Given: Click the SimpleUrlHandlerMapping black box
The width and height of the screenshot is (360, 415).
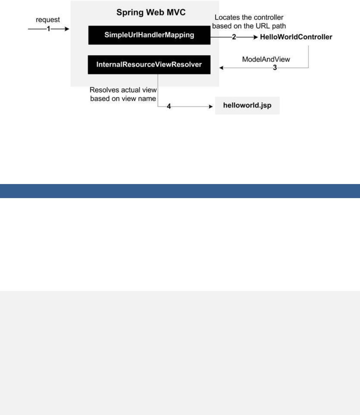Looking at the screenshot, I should (x=149, y=35).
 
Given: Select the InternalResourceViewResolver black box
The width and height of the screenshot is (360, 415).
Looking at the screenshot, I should (x=149, y=65).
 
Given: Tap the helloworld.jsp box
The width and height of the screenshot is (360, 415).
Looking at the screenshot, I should (x=247, y=105).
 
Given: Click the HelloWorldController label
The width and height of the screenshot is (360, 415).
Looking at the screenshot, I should (x=296, y=37).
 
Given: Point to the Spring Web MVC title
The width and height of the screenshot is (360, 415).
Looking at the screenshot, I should (x=151, y=13).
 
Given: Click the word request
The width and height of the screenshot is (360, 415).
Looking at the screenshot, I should (x=48, y=20).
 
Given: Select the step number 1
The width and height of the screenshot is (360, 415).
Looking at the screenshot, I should (x=48, y=29).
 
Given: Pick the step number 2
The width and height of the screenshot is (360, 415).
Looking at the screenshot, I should (x=234, y=37).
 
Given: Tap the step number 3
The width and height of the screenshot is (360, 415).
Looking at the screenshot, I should (x=275, y=68).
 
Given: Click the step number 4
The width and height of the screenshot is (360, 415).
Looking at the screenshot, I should (x=169, y=106).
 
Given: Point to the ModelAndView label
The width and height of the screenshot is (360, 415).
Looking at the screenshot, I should (x=266, y=59).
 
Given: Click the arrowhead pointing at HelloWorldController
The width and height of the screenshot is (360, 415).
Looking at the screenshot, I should (x=255, y=37).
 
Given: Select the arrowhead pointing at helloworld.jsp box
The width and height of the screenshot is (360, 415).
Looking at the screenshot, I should (x=211, y=106).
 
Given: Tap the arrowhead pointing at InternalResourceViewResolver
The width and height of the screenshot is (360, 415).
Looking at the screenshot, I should (x=221, y=68).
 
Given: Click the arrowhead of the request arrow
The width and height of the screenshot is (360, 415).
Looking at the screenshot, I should (x=67, y=29).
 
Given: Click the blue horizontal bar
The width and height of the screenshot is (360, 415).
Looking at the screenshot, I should (x=180, y=191).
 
